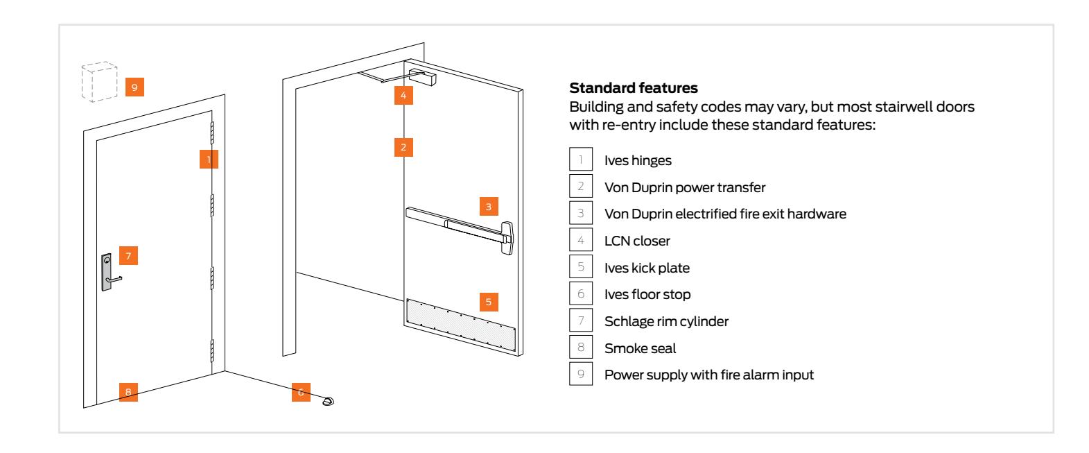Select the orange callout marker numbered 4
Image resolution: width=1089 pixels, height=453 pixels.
404,95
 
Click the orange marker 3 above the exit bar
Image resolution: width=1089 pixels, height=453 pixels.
489,206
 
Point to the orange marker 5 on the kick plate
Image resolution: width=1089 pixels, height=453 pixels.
489,302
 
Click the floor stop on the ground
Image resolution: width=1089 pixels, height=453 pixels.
328,400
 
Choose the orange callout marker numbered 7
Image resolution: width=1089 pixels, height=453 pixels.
128,255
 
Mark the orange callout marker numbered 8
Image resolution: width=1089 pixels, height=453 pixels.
128,392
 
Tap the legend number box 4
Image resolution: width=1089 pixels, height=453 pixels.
580,241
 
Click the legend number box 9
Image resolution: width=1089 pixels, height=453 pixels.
580,375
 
